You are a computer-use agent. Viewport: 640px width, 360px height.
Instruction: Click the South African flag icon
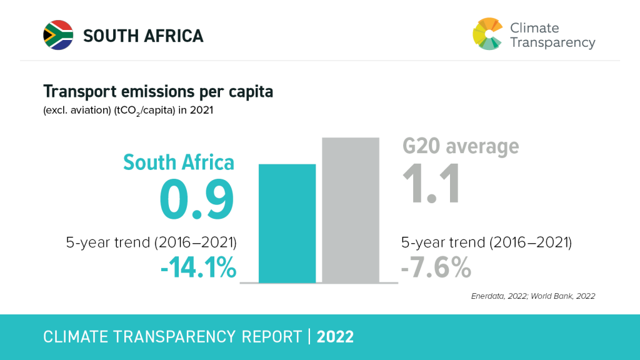[x=58, y=35]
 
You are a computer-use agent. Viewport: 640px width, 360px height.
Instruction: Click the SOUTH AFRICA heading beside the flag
[x=143, y=36]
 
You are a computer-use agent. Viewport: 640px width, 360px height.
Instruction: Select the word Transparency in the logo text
[x=552, y=42]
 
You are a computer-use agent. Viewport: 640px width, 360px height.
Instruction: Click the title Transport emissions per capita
[x=158, y=92]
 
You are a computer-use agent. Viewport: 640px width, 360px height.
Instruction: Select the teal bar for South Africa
[x=287, y=223]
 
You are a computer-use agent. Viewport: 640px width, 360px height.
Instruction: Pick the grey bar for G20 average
[x=350, y=210]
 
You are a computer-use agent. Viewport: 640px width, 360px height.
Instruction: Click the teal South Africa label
[x=179, y=162]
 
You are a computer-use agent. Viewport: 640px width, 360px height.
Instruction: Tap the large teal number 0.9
[x=197, y=199]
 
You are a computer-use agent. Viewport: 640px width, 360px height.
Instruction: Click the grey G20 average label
[x=460, y=146]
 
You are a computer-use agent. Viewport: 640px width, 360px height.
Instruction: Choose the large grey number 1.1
[x=431, y=184]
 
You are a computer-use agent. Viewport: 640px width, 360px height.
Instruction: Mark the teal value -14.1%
[x=198, y=269]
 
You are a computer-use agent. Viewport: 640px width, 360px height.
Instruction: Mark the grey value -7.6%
[x=436, y=268]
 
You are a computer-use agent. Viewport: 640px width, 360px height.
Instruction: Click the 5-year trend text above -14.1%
[x=151, y=243]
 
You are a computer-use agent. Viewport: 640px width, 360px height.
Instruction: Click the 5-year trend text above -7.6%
[x=486, y=242]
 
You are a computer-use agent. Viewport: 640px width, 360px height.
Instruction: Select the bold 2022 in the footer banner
[x=336, y=337]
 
